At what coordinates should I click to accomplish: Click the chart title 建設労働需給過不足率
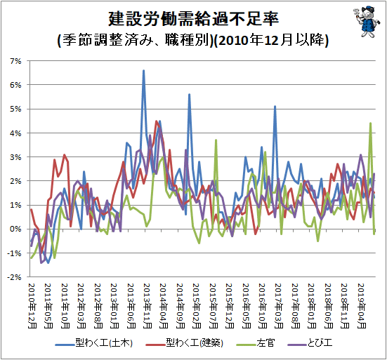(x=194, y=18)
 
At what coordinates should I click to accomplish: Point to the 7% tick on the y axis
(x=15, y=61)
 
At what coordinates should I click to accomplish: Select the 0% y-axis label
(x=15, y=229)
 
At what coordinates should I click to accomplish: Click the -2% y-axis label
(x=14, y=277)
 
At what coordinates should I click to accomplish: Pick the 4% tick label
(x=15, y=133)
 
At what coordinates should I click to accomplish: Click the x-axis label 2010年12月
(x=32, y=306)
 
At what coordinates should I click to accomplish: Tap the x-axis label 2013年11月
(x=147, y=306)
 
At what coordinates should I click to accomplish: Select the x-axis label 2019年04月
(x=362, y=306)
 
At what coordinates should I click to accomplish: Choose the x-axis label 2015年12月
(x=230, y=306)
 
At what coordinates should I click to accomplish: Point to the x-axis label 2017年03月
(x=279, y=306)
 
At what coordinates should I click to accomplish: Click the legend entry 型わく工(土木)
(x=94, y=343)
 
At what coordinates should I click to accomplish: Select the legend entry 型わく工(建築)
(x=185, y=343)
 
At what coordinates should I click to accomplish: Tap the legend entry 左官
(x=256, y=343)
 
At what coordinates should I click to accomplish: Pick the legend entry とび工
(x=310, y=343)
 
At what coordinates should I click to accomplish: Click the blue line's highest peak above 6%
(x=144, y=71)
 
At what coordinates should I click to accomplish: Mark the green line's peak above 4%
(x=370, y=124)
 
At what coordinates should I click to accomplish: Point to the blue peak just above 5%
(x=275, y=107)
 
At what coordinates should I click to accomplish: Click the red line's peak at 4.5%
(x=156, y=121)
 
